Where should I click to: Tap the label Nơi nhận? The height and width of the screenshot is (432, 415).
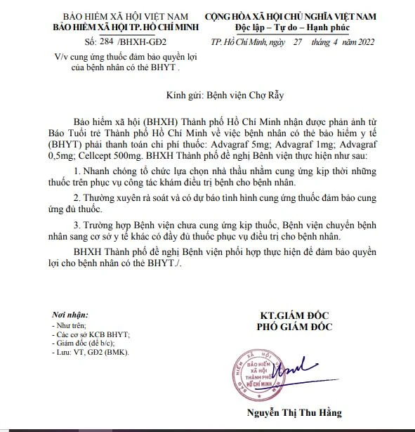[x=70, y=313]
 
